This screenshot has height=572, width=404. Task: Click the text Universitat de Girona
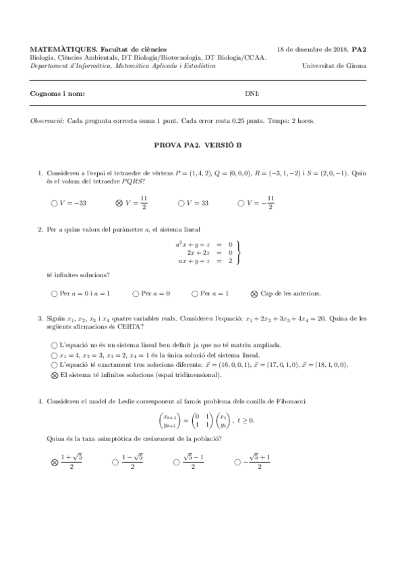point(335,66)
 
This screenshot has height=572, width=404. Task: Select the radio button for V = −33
point(54,202)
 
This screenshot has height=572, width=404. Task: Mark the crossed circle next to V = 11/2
point(119,202)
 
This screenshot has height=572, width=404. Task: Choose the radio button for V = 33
point(181,202)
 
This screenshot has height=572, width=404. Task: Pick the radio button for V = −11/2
point(242,202)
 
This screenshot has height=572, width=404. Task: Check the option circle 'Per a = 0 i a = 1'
point(54,293)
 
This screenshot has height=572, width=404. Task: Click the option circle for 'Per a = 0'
point(135,293)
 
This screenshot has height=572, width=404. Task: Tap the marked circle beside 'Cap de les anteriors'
point(254,293)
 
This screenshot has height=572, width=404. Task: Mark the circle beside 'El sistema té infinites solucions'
point(54,374)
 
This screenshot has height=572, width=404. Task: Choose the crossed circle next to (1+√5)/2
point(54,462)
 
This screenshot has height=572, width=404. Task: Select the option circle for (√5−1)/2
point(176,462)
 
